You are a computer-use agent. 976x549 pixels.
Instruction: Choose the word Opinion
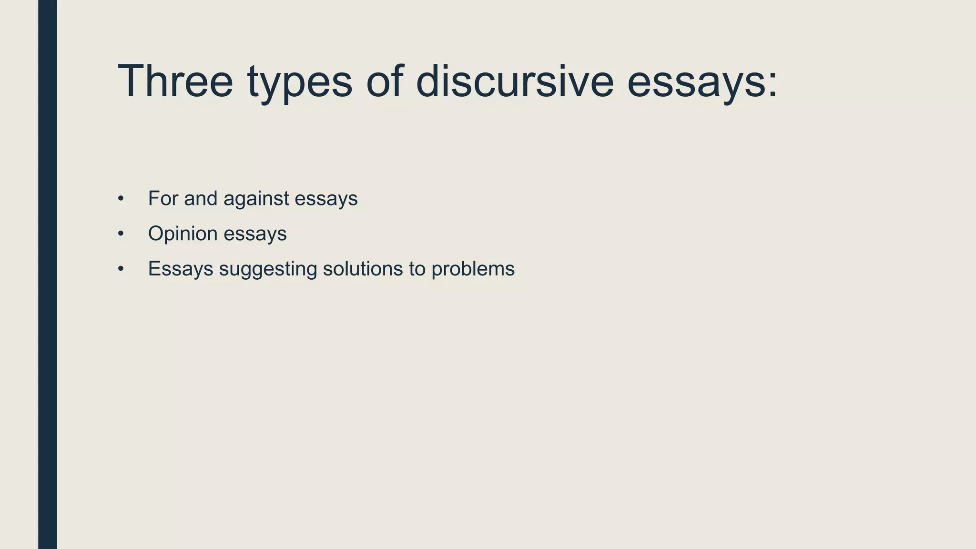pyautogui.click(x=183, y=234)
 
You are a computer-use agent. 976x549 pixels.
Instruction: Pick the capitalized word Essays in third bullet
pyautogui.click(x=181, y=269)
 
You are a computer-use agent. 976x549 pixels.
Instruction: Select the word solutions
pyautogui.click(x=363, y=269)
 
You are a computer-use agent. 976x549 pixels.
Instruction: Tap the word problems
pyautogui.click(x=473, y=269)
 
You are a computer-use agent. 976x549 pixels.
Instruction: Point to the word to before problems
pyautogui.click(x=417, y=269)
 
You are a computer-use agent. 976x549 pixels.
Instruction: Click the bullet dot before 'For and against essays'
pyautogui.click(x=121, y=198)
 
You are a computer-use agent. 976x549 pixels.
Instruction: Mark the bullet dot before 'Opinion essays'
pyautogui.click(x=121, y=234)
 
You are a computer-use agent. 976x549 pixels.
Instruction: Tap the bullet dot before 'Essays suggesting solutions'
pyautogui.click(x=121, y=269)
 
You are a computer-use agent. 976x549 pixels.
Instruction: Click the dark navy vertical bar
pyautogui.click(x=47, y=274)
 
